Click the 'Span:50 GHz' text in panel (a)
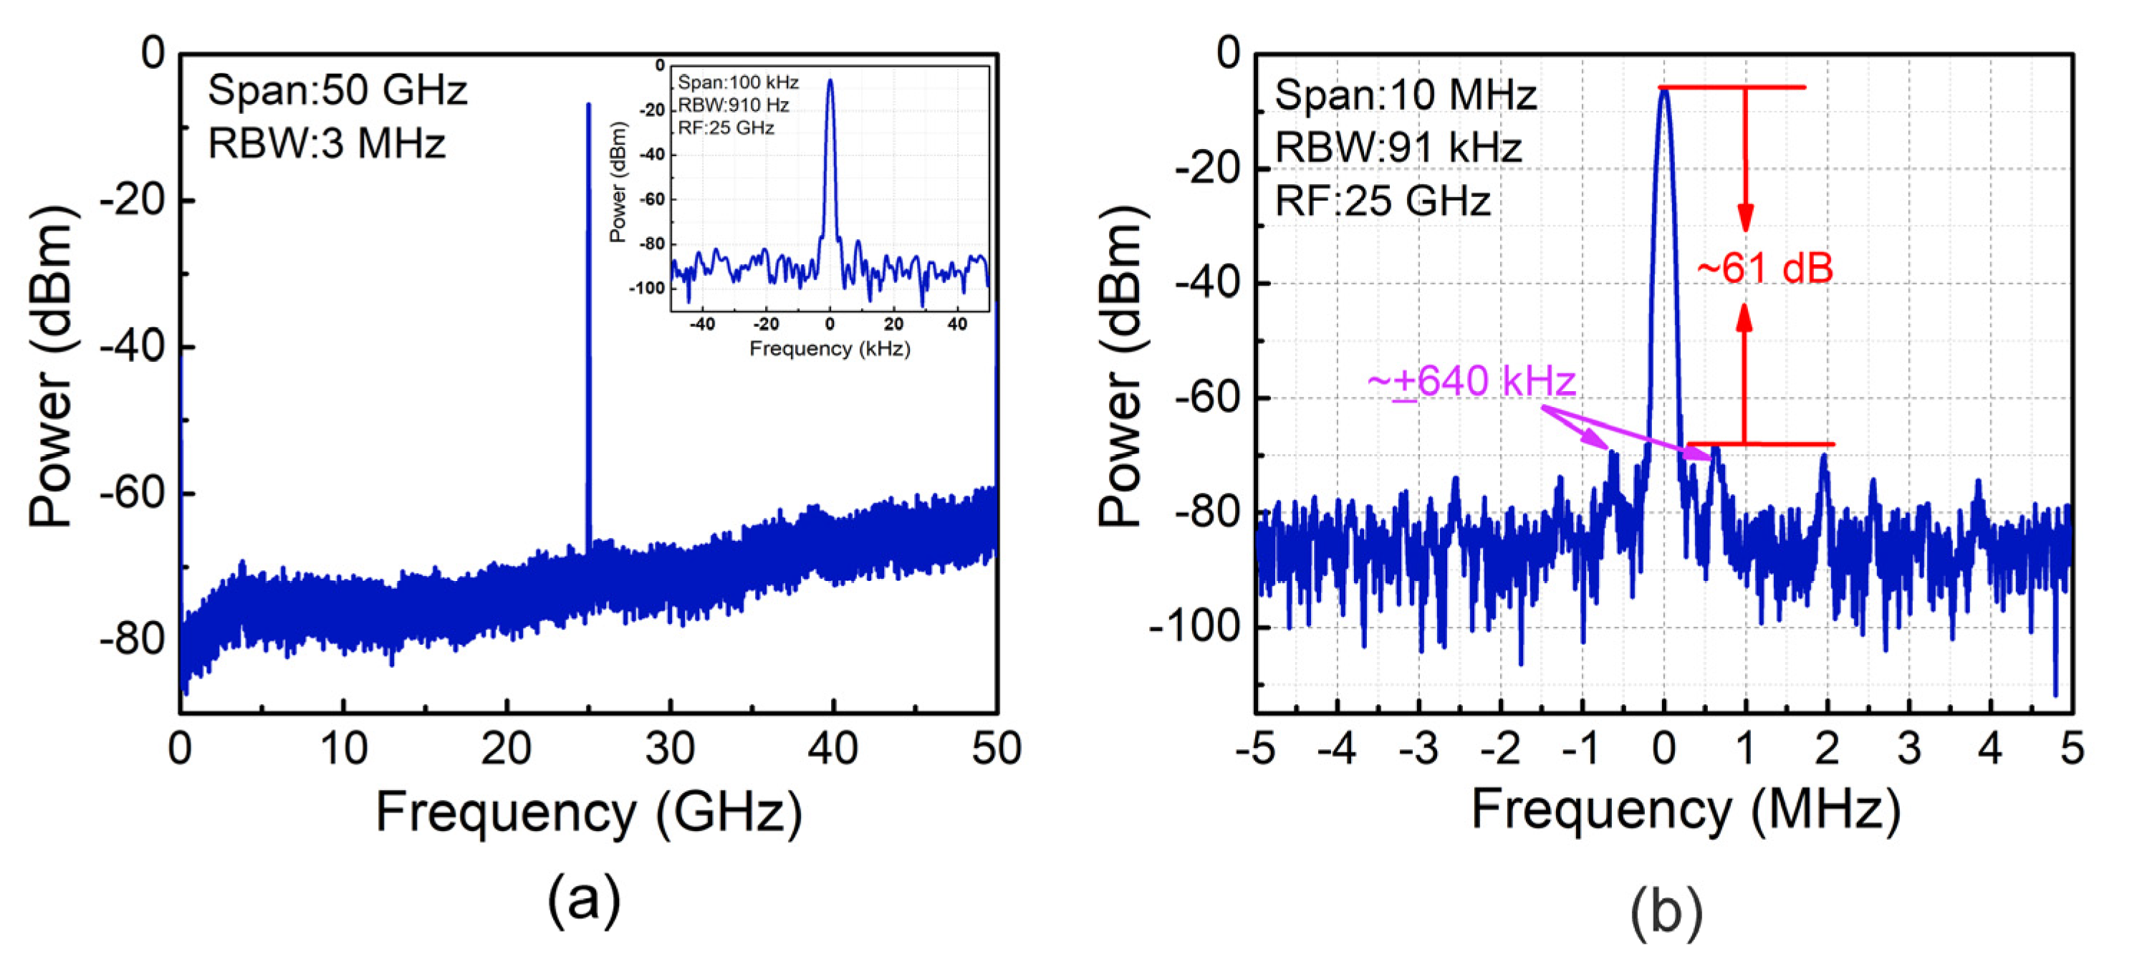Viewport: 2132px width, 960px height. pos(337,90)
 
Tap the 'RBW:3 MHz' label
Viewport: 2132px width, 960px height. pos(326,143)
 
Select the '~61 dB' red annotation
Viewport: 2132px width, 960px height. pos(1764,268)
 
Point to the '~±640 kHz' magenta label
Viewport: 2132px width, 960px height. pos(1471,383)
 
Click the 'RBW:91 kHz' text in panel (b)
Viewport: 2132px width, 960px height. pos(1398,148)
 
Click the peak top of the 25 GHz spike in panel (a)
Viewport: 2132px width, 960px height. pos(588,106)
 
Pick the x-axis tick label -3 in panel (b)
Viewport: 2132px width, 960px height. pos(1418,749)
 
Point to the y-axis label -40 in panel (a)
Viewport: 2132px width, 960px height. pos(133,347)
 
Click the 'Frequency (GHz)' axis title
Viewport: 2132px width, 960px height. pos(588,812)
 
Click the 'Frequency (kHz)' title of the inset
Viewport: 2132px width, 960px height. pos(830,348)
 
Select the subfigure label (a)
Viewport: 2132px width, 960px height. pos(583,900)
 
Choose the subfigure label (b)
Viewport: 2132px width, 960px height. pos(1666,911)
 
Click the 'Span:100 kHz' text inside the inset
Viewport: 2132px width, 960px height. pos(737,82)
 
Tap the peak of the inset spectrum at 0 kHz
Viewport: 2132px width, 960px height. pos(830,81)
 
